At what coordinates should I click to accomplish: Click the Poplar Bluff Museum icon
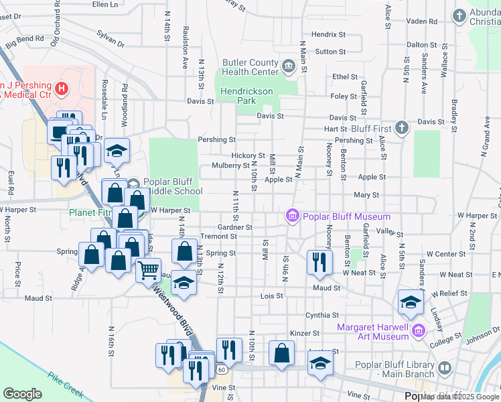click(292, 216)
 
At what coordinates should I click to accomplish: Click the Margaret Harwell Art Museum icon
click(419, 330)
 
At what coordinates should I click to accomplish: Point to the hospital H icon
click(62, 88)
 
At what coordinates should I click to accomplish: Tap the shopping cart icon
click(149, 271)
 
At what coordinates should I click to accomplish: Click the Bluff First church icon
click(401, 127)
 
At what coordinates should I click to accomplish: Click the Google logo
click(23, 394)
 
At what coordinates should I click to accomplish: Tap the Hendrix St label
click(328, 34)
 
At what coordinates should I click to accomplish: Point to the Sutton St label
click(331, 51)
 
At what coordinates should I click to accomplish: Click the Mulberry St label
click(230, 165)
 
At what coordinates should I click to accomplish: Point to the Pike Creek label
click(64, 380)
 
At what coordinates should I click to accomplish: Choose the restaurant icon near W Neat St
click(319, 262)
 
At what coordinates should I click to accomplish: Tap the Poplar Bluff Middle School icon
click(133, 184)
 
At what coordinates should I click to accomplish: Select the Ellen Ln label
click(104, 5)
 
